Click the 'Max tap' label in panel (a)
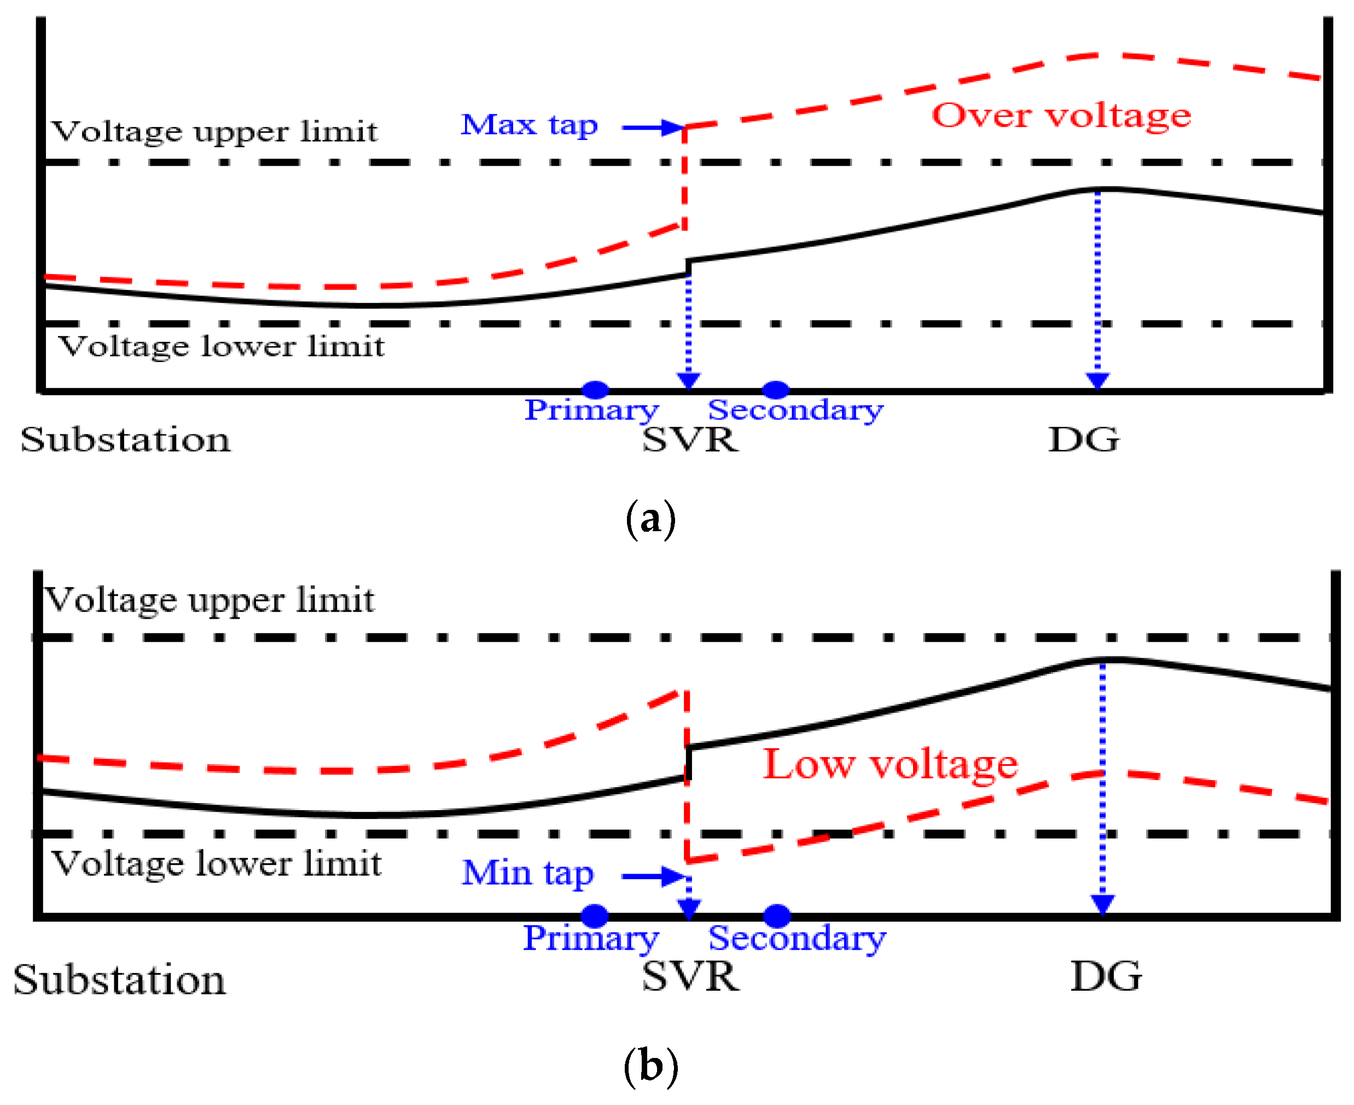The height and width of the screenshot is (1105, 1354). [529, 125]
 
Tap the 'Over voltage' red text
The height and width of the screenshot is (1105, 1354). [1061, 115]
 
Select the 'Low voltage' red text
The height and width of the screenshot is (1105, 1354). [890, 764]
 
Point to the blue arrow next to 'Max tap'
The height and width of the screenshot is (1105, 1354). [653, 128]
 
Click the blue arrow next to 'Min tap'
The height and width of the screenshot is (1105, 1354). [653, 876]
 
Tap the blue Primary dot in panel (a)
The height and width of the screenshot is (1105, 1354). [595, 389]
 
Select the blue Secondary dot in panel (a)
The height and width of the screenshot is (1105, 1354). [775, 389]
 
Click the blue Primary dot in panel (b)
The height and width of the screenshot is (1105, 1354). [595, 916]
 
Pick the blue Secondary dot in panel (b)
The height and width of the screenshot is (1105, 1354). [777, 916]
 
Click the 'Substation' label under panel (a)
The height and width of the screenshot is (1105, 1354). [125, 440]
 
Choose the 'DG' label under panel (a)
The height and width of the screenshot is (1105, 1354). [1083, 440]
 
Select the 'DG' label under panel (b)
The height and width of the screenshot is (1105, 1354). [1106, 976]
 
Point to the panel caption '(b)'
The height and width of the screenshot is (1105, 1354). [650, 1066]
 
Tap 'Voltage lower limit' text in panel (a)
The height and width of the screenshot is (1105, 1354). [222, 347]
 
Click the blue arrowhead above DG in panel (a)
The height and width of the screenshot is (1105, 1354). [1097, 381]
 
